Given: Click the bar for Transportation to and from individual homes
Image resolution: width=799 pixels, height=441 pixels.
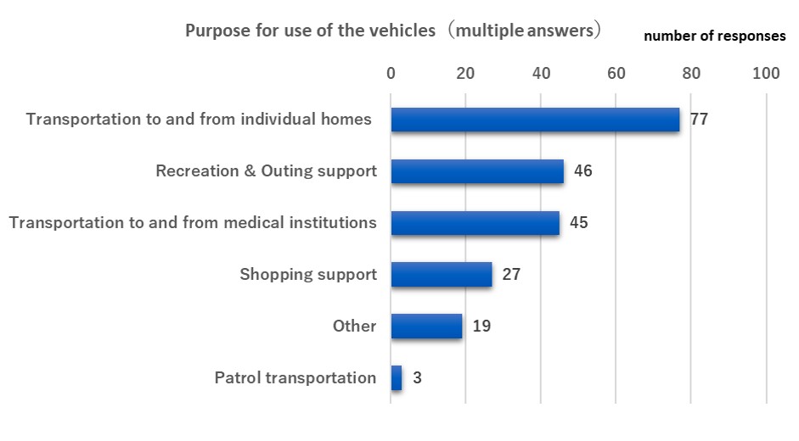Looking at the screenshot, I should (535, 120).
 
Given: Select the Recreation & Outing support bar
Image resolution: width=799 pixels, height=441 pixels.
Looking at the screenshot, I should (477, 171).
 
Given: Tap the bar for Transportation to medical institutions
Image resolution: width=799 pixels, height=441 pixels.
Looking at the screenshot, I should (475, 223).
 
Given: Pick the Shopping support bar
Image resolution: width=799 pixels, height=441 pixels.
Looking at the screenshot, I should (442, 275).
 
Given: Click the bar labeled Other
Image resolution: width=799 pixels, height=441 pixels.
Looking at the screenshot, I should (426, 327).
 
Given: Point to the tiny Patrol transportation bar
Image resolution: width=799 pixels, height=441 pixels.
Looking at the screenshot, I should (397, 378).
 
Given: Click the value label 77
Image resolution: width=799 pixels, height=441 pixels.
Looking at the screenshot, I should (699, 120).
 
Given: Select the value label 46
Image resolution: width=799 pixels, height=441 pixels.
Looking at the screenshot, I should (582, 171).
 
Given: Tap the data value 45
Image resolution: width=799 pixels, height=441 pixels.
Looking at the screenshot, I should (578, 223).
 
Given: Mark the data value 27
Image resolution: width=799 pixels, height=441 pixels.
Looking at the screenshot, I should (510, 275).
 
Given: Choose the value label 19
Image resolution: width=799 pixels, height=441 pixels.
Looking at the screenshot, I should (481, 327).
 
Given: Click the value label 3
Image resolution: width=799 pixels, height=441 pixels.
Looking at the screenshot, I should (417, 378).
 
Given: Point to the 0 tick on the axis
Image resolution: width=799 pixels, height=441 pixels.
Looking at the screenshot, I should (391, 74).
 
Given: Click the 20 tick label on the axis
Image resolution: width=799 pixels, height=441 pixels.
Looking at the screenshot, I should (465, 74).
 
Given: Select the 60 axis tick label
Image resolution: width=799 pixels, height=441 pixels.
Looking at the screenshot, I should (616, 74).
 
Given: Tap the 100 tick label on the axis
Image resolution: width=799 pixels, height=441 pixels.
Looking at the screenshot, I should (766, 74).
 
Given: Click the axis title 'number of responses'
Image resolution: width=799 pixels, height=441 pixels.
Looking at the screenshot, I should (714, 36).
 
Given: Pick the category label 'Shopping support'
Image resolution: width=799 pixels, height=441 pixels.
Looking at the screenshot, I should (307, 275).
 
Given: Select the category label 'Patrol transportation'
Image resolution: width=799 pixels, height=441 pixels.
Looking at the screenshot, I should (295, 378).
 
